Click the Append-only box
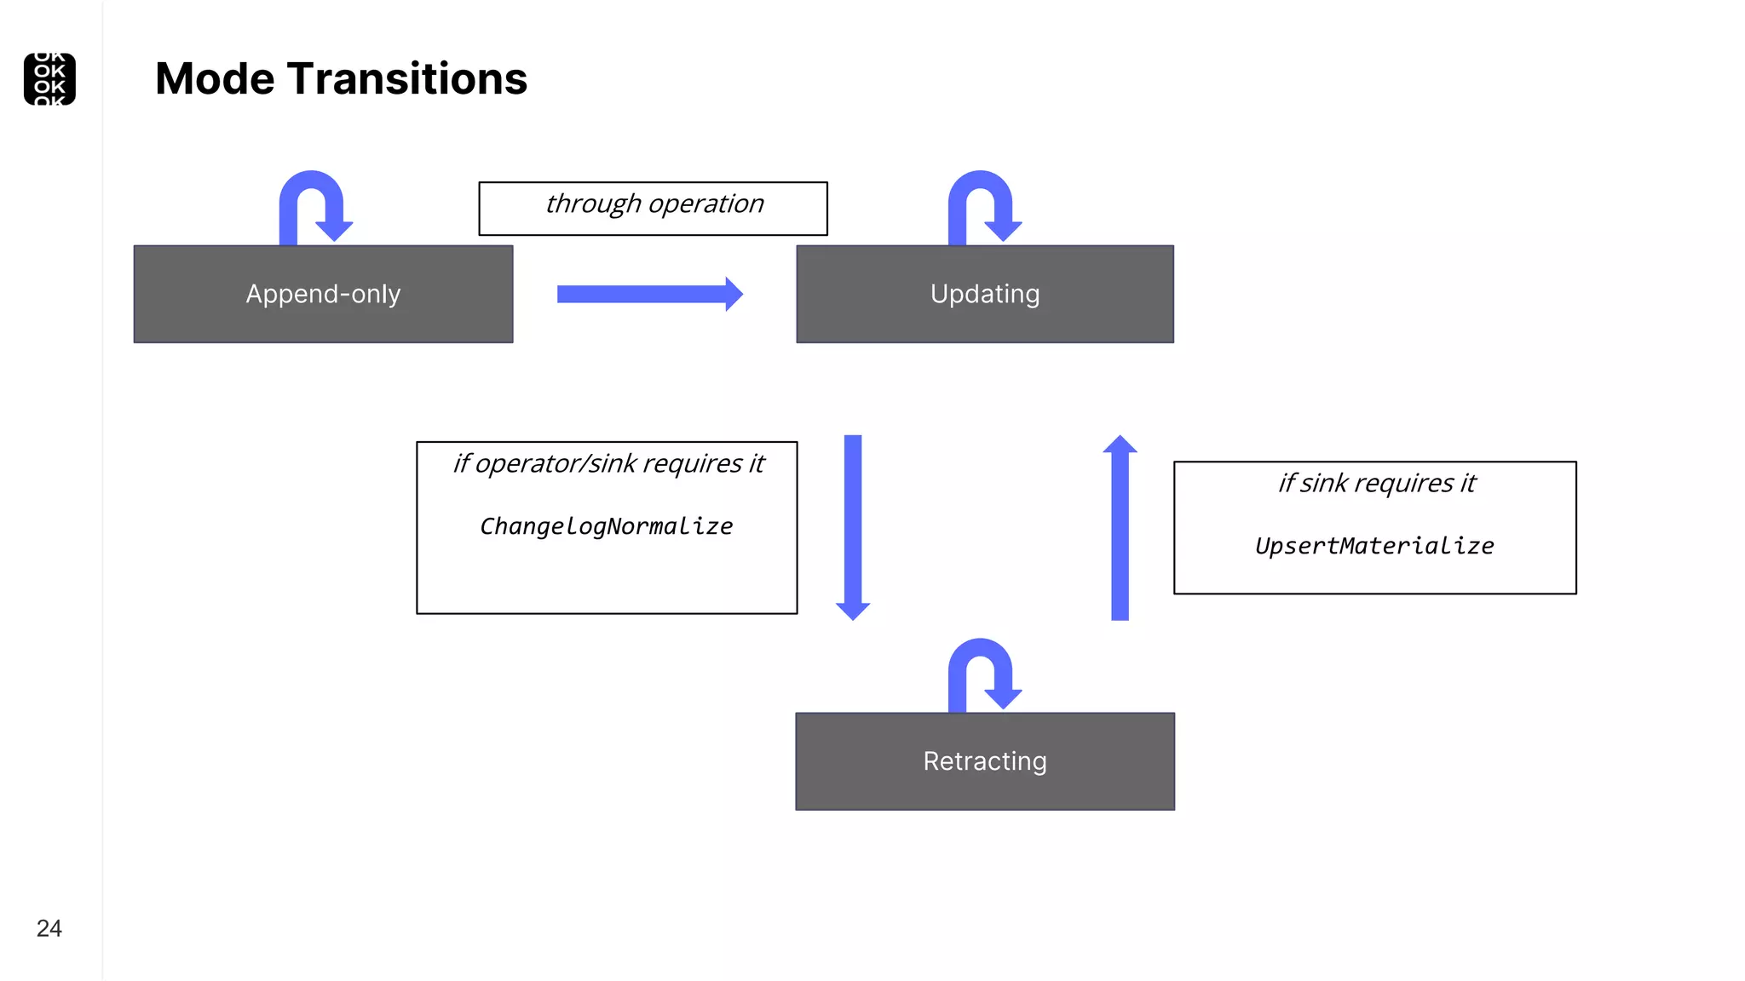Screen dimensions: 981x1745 pos(323,295)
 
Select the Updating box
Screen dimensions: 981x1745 pos(985,295)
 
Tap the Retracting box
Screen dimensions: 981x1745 pos(985,761)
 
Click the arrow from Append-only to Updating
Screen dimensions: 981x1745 pos(649,295)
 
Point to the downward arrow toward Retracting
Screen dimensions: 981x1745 pos(853,527)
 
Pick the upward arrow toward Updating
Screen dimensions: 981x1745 pos(1120,527)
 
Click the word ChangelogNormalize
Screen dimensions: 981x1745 pos(606,526)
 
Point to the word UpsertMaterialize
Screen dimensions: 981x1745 pos(1374,546)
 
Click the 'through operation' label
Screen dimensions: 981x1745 pos(654,204)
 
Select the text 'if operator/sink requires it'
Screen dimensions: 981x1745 pos(608,463)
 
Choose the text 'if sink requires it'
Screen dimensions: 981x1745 pos(1376,483)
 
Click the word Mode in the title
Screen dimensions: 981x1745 pos(216,79)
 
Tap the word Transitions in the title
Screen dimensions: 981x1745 pos(407,79)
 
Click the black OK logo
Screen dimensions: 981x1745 pos(49,79)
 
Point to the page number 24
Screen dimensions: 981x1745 pos(49,928)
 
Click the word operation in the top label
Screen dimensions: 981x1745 pos(706,204)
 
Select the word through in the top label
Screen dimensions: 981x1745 pos(593,204)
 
